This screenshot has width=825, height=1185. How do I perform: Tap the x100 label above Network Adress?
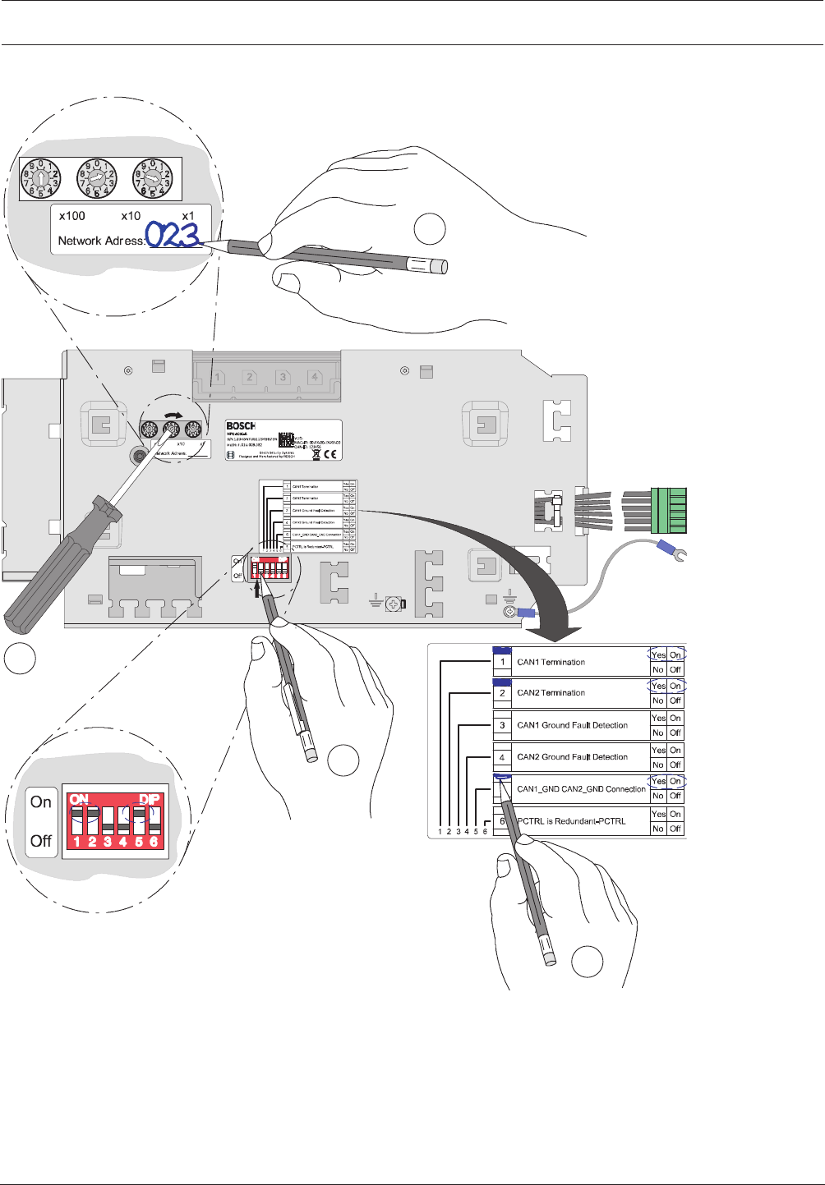[x=72, y=216]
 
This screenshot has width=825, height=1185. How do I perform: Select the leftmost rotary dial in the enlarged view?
[x=40, y=179]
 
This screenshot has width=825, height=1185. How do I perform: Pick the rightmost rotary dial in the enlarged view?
[x=153, y=179]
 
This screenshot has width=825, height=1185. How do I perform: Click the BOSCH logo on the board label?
[x=241, y=425]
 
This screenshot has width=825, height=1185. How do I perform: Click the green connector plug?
[x=668, y=510]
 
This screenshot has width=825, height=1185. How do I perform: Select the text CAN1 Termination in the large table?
[x=551, y=662]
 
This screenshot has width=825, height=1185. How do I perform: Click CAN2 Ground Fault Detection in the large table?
[x=572, y=757]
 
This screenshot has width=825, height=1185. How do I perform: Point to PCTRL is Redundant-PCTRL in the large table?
[x=571, y=821]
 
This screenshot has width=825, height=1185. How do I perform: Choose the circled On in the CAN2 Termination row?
[x=675, y=686]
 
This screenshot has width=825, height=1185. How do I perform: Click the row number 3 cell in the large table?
[x=502, y=725]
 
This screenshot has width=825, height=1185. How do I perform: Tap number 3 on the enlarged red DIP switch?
[x=108, y=842]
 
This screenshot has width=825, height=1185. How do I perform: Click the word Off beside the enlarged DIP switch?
[x=41, y=841]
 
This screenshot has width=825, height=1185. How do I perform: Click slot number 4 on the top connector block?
[x=314, y=377]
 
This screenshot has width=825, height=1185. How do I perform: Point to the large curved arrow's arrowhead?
[x=555, y=632]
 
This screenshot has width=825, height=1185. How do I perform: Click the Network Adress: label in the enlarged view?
[x=101, y=241]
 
